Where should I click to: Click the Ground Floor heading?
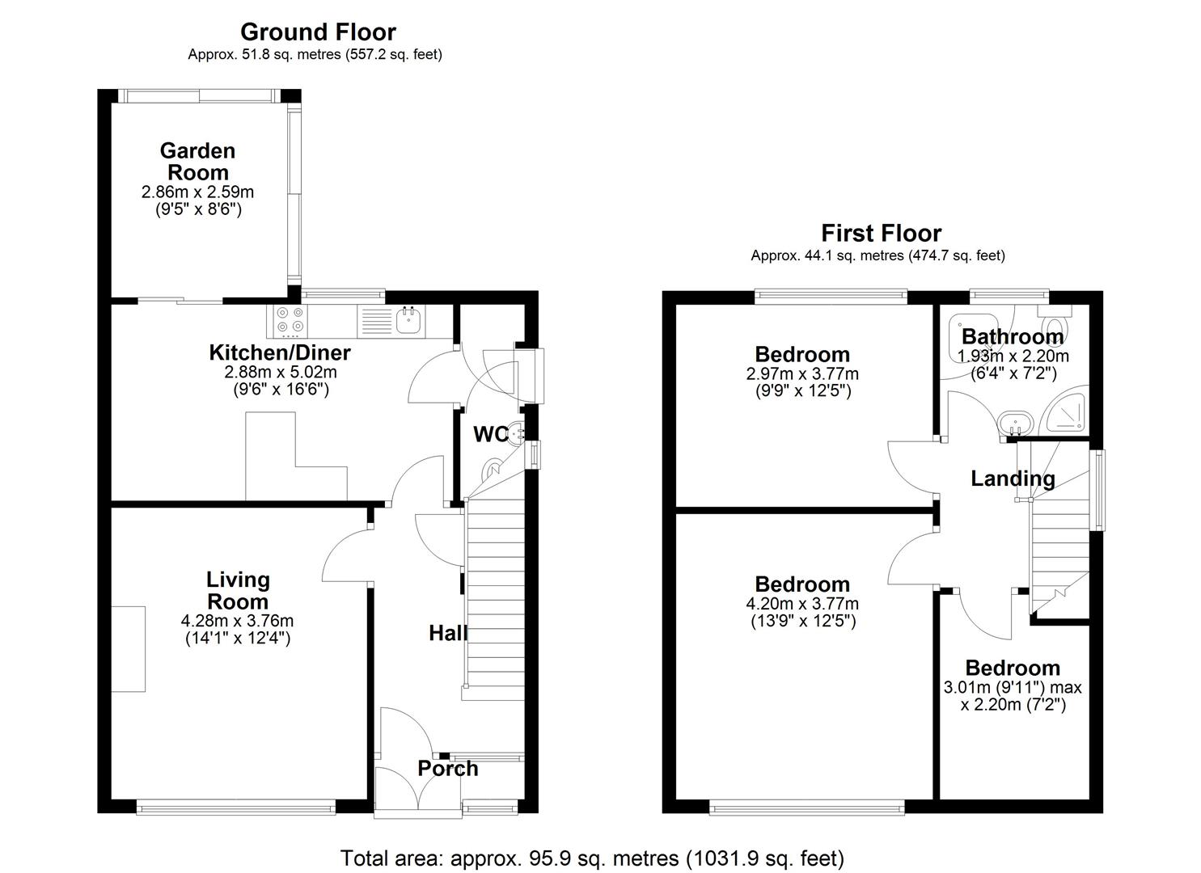pyautogui.click(x=318, y=32)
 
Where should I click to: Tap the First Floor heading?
pyautogui.click(x=881, y=234)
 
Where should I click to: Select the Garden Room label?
pyautogui.click(x=197, y=162)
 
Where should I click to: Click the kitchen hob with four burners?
pyautogui.click(x=290, y=320)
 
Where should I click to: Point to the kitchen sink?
pyautogui.click(x=408, y=321)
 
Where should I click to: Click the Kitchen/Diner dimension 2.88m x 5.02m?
pyautogui.click(x=280, y=373)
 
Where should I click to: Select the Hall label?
pyautogui.click(x=447, y=633)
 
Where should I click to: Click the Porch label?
pyautogui.click(x=447, y=769)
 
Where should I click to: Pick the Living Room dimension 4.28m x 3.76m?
pyautogui.click(x=237, y=621)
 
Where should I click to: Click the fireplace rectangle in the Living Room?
pyautogui.click(x=129, y=649)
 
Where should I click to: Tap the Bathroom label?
pyautogui.click(x=1012, y=336)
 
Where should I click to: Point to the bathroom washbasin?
pyautogui.click(x=1013, y=423)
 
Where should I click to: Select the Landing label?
pyautogui.click(x=1013, y=479)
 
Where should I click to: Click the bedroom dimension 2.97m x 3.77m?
pyautogui.click(x=802, y=374)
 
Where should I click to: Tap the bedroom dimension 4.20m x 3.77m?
pyautogui.click(x=802, y=604)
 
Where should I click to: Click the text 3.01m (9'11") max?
pyautogui.click(x=1012, y=688)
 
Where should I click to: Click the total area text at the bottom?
pyautogui.click(x=592, y=858)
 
